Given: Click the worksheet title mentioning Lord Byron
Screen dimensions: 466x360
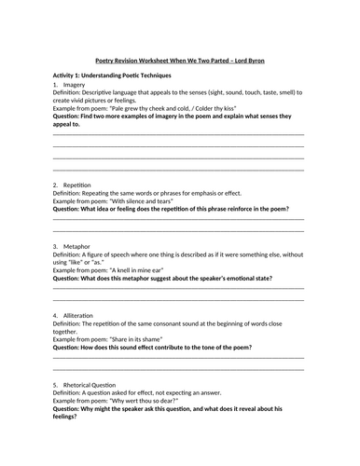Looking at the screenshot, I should pyautogui.click(x=179, y=56).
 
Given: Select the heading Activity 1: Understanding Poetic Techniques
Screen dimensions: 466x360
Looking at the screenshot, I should pyautogui.click(x=118, y=74).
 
